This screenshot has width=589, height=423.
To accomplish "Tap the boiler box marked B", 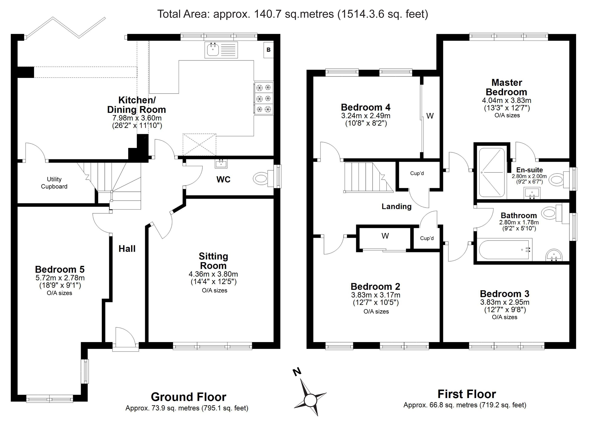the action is pyautogui.click(x=269, y=50).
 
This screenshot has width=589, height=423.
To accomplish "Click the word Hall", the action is pyautogui.click(x=127, y=249).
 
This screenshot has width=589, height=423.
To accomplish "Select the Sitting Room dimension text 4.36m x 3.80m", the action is pyautogui.click(x=213, y=274).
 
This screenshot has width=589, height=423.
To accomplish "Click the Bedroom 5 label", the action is pyautogui.click(x=60, y=269).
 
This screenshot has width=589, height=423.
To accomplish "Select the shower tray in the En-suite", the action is pyautogui.click(x=492, y=173).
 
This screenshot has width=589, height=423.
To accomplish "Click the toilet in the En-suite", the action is pyautogui.click(x=560, y=179).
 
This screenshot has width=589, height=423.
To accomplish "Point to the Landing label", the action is pyautogui.click(x=397, y=207).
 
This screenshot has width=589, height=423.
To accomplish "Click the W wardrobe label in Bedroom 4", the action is pyautogui.click(x=430, y=116).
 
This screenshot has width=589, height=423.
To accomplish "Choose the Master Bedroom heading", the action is pyautogui.click(x=506, y=87).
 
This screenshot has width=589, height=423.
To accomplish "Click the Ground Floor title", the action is pyautogui.click(x=189, y=397).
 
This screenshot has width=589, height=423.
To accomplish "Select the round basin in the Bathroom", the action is pyautogui.click(x=554, y=255).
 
